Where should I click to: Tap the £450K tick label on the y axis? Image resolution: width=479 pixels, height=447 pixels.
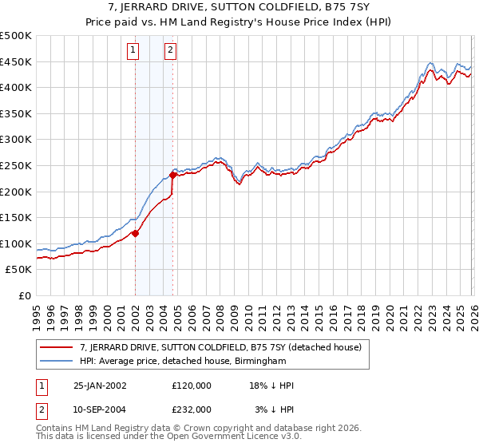tap(16, 61)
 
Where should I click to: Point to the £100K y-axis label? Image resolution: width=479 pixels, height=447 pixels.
tap(16, 243)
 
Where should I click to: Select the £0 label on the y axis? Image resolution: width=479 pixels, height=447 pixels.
tap(24, 295)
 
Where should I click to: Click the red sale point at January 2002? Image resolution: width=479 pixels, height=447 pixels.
tap(135, 233)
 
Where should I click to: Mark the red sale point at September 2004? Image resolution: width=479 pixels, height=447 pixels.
tap(172, 175)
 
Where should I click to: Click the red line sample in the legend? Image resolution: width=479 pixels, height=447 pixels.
tap(58, 347)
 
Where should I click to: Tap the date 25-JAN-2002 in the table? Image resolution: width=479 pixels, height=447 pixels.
tap(100, 386)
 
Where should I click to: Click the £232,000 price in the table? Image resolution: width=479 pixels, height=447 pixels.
tap(192, 409)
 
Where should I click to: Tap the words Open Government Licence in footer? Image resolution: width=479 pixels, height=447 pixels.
tap(207, 438)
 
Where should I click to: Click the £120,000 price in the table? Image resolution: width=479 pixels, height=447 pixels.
tap(192, 386)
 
